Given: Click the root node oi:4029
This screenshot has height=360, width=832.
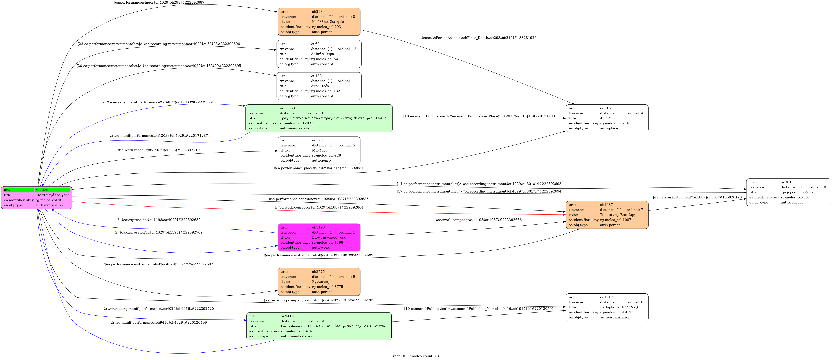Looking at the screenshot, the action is click(x=37, y=197).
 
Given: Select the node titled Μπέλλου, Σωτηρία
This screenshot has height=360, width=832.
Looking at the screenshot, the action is click(x=319, y=22).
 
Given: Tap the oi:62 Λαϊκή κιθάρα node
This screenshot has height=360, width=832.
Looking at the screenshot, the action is click(x=319, y=54).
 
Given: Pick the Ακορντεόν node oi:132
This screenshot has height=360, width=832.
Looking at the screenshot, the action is click(x=319, y=86).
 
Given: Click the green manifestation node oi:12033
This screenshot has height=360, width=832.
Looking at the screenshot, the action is click(x=319, y=118).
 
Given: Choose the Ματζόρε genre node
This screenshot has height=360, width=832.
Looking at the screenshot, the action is click(x=319, y=150).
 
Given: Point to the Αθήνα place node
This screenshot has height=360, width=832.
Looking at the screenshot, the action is click(x=607, y=118).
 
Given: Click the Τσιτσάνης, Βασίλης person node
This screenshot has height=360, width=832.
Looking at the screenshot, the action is click(x=607, y=215).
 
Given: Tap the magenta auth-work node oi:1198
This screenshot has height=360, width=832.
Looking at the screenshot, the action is click(x=319, y=237).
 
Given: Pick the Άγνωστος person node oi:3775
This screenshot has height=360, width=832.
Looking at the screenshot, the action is click(x=319, y=282).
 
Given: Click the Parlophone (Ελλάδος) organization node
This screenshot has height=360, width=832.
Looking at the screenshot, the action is click(x=607, y=307).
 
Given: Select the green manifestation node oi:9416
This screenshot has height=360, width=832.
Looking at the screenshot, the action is click(x=319, y=326).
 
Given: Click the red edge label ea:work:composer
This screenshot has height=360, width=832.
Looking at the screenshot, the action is click(x=319, y=207).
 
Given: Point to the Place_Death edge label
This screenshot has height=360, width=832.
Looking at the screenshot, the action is click(x=479, y=38).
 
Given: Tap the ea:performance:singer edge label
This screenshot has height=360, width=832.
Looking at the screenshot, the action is click(x=159, y=3).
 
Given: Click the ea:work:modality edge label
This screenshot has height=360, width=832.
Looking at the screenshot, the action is click(x=159, y=150).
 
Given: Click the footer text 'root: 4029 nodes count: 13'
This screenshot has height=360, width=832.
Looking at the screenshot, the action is click(x=416, y=356).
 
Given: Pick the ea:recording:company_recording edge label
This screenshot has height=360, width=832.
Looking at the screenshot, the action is click(x=319, y=300).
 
